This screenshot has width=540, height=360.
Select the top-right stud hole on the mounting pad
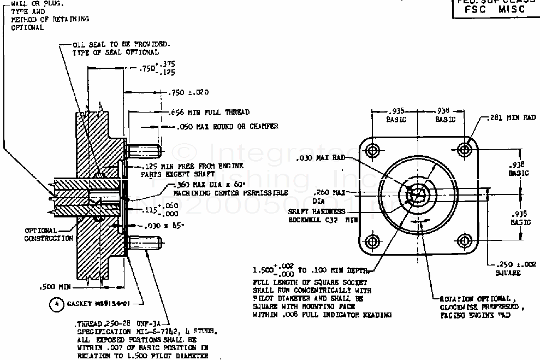pyautogui.click(x=465, y=149)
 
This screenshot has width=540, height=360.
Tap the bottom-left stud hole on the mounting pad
pyautogui.click(x=373, y=241)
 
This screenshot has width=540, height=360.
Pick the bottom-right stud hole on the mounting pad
pyautogui.click(x=465, y=241)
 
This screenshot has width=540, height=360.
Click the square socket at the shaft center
pyautogui.click(x=418, y=194)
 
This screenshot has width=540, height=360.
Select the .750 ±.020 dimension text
pyautogui.click(x=189, y=92)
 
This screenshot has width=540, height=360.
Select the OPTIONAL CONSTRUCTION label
pyautogui.click(x=49, y=234)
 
